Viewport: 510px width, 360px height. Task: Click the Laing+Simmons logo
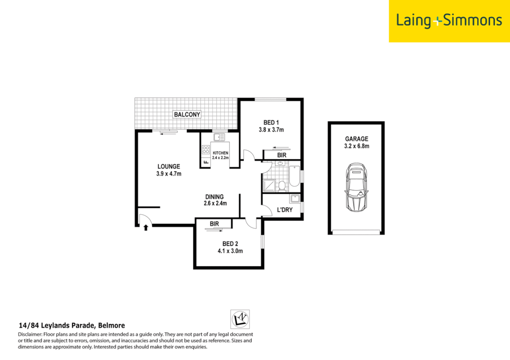pyautogui.click(x=449, y=21)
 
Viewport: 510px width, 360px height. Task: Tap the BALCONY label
pyautogui.click(x=187, y=114)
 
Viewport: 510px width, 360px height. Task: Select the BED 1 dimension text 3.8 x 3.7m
pyautogui.click(x=271, y=130)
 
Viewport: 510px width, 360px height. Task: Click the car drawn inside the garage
pyautogui.click(x=356, y=187)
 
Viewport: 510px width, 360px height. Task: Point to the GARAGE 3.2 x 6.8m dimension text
pyautogui.click(x=357, y=146)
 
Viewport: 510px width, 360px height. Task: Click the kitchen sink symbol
pyautogui.click(x=219, y=137)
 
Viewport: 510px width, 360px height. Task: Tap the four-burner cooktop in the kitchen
pyautogui.click(x=205, y=150)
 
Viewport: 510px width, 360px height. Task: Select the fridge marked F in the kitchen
pyautogui.click(x=205, y=162)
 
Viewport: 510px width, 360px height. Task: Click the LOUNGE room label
pyautogui.click(x=169, y=166)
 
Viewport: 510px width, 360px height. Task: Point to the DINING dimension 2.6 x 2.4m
pyautogui.click(x=215, y=203)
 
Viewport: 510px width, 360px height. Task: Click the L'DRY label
pyautogui.click(x=285, y=210)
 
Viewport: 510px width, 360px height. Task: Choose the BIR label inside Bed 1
pyautogui.click(x=282, y=155)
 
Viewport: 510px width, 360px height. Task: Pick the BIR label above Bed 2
pyautogui.click(x=214, y=224)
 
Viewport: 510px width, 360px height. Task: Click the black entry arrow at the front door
pyautogui.click(x=146, y=228)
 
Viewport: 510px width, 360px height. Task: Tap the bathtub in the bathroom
pyautogui.click(x=294, y=176)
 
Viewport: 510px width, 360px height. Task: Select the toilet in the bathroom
pyautogui.click(x=282, y=185)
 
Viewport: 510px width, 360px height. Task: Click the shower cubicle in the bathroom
pyautogui.click(x=269, y=186)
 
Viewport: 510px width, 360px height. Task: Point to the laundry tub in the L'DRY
pyautogui.click(x=295, y=199)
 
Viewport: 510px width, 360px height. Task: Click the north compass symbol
pyautogui.click(x=240, y=319)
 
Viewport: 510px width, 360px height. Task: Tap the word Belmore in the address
pyautogui.click(x=111, y=325)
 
